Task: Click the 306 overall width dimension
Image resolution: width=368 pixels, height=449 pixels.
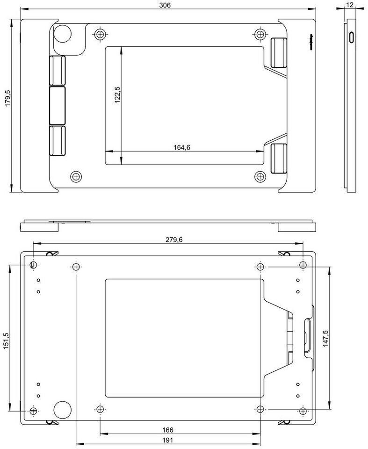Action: (165, 5)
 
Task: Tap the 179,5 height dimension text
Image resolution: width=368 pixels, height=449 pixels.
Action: (8, 98)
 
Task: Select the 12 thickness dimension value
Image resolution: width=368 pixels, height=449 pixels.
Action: (350, 5)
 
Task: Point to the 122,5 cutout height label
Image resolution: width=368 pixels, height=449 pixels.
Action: (117, 95)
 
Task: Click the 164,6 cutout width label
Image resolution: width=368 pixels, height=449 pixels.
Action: (181, 147)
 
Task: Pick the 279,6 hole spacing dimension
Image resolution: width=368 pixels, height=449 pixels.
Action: (174, 239)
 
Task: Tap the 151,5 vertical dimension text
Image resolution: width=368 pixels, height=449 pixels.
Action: (6, 341)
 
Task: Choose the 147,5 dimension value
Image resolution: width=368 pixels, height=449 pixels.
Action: (325, 339)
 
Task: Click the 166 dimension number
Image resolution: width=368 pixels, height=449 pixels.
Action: (168, 430)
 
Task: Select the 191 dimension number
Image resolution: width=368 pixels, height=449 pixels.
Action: (168, 440)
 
